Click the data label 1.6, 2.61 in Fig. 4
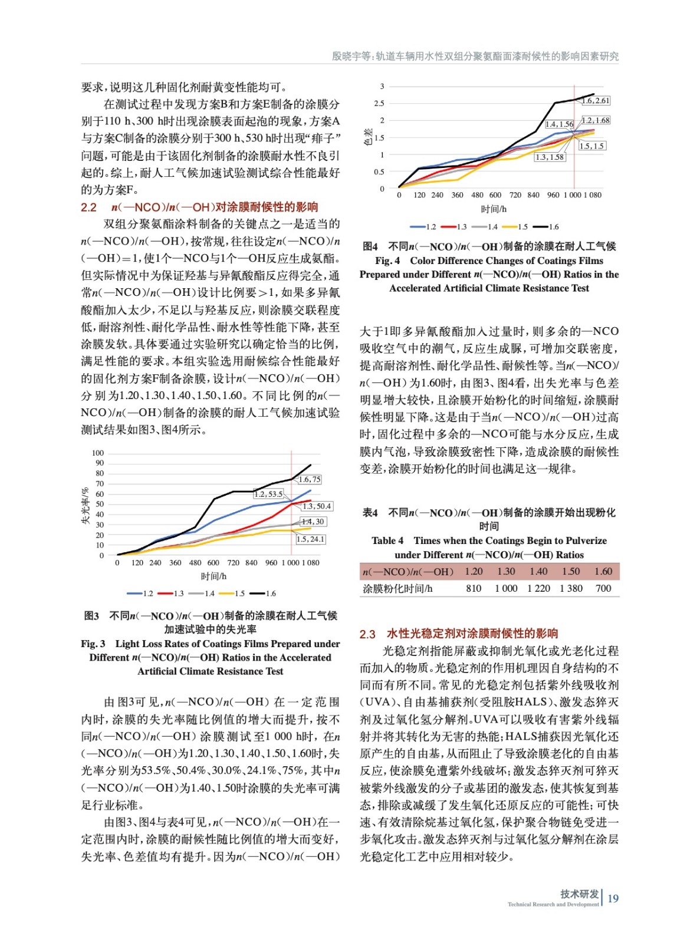click(x=596, y=101)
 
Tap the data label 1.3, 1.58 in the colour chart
click(x=550, y=157)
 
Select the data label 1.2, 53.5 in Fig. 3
click(x=269, y=494)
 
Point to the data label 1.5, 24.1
click(x=310, y=539)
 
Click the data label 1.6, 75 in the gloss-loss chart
click(x=310, y=480)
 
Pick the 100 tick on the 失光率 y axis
click(x=98, y=453)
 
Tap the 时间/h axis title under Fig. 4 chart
click(x=494, y=209)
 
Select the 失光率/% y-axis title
click(x=86, y=505)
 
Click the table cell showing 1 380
click(x=570, y=588)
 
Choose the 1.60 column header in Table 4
click(x=603, y=571)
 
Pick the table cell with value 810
click(x=474, y=588)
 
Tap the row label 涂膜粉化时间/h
click(x=397, y=588)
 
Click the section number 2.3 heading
click(x=367, y=634)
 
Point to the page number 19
click(x=613, y=898)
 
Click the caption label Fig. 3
click(x=93, y=644)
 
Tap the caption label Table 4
click(x=387, y=540)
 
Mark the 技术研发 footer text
click(x=579, y=893)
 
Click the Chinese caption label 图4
click(x=370, y=246)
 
